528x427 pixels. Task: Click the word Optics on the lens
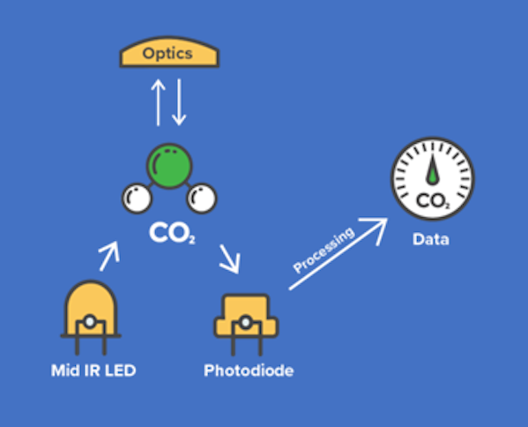[x=167, y=54]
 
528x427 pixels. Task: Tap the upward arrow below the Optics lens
[x=159, y=102]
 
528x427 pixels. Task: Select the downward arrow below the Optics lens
[x=179, y=102]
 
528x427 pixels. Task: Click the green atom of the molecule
[x=170, y=166]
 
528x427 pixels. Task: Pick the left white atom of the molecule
[x=137, y=199]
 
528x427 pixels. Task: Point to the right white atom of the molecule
[x=202, y=199]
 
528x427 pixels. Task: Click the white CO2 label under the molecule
[x=172, y=233]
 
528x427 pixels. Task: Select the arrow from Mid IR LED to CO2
[x=109, y=256]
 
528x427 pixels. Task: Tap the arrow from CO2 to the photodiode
[x=230, y=258]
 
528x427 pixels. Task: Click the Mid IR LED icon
[x=91, y=318]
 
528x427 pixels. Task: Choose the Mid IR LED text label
[x=93, y=371]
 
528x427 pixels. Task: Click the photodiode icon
[x=246, y=325]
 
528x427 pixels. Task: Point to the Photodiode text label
[x=249, y=371]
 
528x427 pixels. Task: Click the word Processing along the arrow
[x=323, y=250]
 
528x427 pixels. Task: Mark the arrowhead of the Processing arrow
[x=375, y=229]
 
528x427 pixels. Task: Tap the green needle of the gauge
[x=433, y=169]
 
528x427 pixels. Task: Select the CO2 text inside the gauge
[x=433, y=201]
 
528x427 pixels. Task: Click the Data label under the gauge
[x=431, y=240]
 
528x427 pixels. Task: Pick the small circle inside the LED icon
[x=90, y=322]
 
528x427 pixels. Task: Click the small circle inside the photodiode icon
[x=246, y=323]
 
